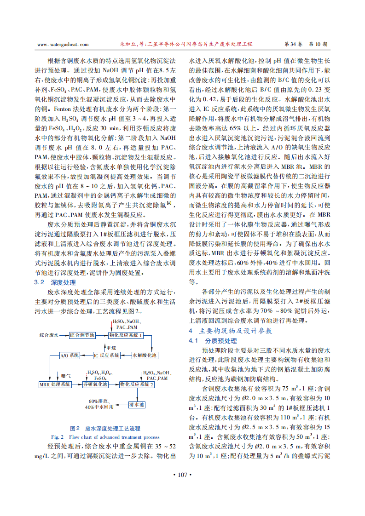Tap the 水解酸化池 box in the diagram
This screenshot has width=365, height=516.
tap(145, 355)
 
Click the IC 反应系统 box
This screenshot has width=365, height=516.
tap(106, 355)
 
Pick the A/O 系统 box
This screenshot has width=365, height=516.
tap(70, 355)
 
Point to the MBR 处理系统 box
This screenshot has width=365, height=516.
tap(55, 384)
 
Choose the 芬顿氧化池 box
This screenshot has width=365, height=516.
tap(95, 384)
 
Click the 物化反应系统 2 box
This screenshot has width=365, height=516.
tap(136, 384)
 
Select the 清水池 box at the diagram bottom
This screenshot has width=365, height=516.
tap(137, 405)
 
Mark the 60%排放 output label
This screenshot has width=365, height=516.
tap(98, 401)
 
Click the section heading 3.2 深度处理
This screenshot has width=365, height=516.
tap(55, 282)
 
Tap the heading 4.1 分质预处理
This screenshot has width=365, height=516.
tap(213, 341)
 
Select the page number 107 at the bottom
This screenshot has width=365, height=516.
tap(182, 475)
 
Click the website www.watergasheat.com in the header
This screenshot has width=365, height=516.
tap(62, 45)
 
